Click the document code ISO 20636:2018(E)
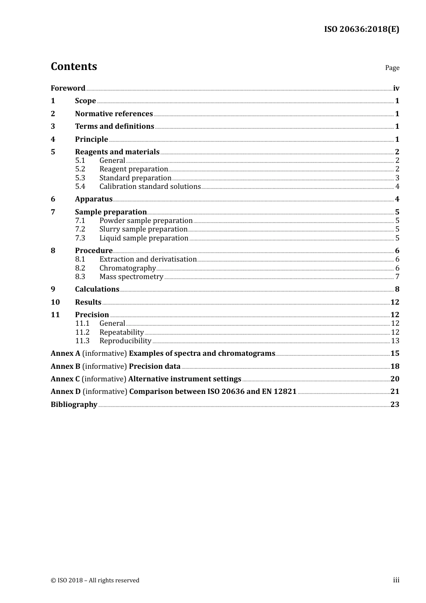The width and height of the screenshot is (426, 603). pos(361,29)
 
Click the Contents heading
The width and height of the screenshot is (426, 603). pos(74,66)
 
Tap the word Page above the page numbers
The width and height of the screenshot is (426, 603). pos(392,68)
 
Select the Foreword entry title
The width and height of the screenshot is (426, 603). pos(68,88)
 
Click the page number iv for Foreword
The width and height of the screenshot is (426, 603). pos(396,88)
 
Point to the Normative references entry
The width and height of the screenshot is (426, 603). pos(114,114)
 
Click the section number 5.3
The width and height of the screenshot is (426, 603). pos(80,178)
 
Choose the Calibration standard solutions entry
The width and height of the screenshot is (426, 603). pos(150,187)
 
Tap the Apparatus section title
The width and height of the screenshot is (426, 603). pos(94,199)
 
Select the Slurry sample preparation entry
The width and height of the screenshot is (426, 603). pos(143,229)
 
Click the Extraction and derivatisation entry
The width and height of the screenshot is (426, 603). pos(148,259)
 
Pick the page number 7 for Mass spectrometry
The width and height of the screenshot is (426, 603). pos(397,277)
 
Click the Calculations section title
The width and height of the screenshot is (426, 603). pos(97,289)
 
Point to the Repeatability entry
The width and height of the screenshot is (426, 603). pos(122,332)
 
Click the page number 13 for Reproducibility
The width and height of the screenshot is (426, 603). pos(395,341)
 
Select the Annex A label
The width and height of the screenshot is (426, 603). pos(65,354)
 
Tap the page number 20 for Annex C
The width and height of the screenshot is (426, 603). pos(395,379)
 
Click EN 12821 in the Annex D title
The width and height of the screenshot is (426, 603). pos(279,392)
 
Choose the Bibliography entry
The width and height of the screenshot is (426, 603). pos(74,405)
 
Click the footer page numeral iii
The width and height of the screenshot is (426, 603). pos(396,580)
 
